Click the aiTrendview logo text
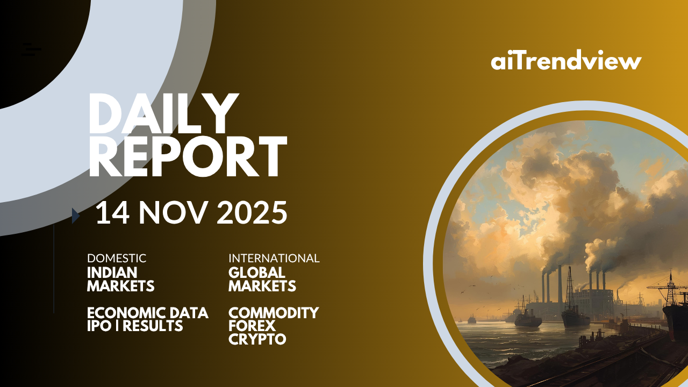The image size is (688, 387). tap(566, 60)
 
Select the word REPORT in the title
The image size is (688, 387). tap(188, 156)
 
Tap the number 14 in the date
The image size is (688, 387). tap(112, 212)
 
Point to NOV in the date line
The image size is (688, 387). tap(171, 212)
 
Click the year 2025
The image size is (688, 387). tap(252, 212)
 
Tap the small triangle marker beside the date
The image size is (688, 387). tap(76, 216)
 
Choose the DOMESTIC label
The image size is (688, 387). tap(117, 259)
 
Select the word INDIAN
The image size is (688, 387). tap(112, 273)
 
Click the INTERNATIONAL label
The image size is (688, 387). tap(274, 259)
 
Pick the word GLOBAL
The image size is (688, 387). tap(257, 273)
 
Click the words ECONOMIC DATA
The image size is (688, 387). tap(148, 313)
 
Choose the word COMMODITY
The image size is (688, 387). tap(274, 313)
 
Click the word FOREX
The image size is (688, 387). tap(252, 326)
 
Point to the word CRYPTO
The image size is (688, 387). tap(257, 339)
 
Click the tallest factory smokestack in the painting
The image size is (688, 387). tap(560, 284)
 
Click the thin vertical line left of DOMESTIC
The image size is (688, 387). tap(54, 269)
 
